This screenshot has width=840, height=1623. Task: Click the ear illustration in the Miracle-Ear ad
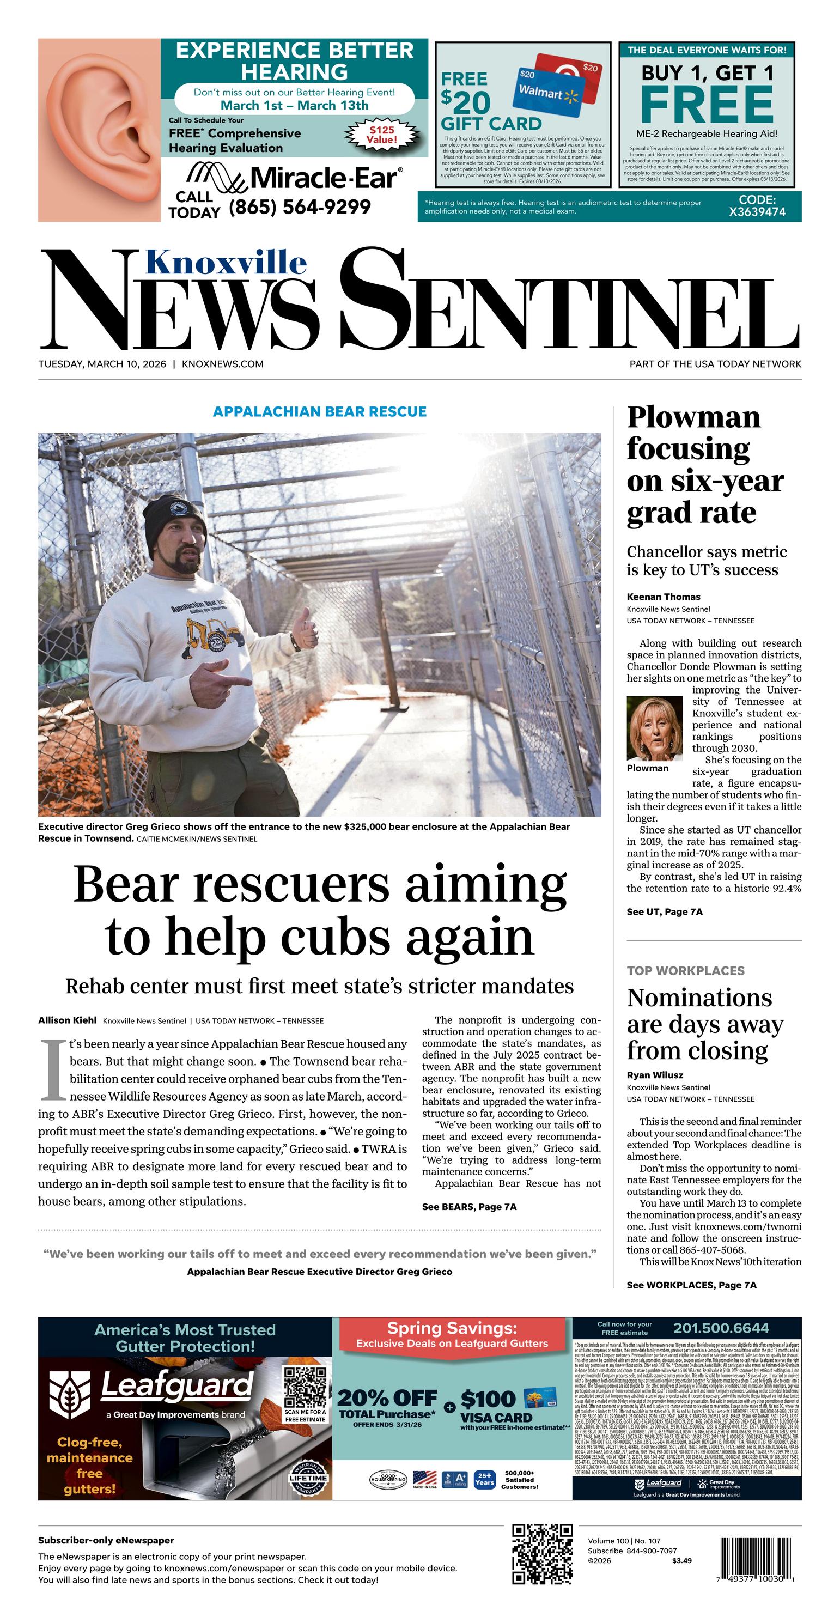click(100, 130)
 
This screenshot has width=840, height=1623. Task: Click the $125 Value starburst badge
click(382, 135)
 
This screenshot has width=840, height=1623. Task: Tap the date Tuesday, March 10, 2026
click(102, 363)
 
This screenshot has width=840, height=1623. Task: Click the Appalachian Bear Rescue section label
click(319, 411)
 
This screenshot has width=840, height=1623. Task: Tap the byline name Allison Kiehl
click(67, 1020)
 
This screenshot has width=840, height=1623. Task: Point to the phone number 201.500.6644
click(721, 1329)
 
